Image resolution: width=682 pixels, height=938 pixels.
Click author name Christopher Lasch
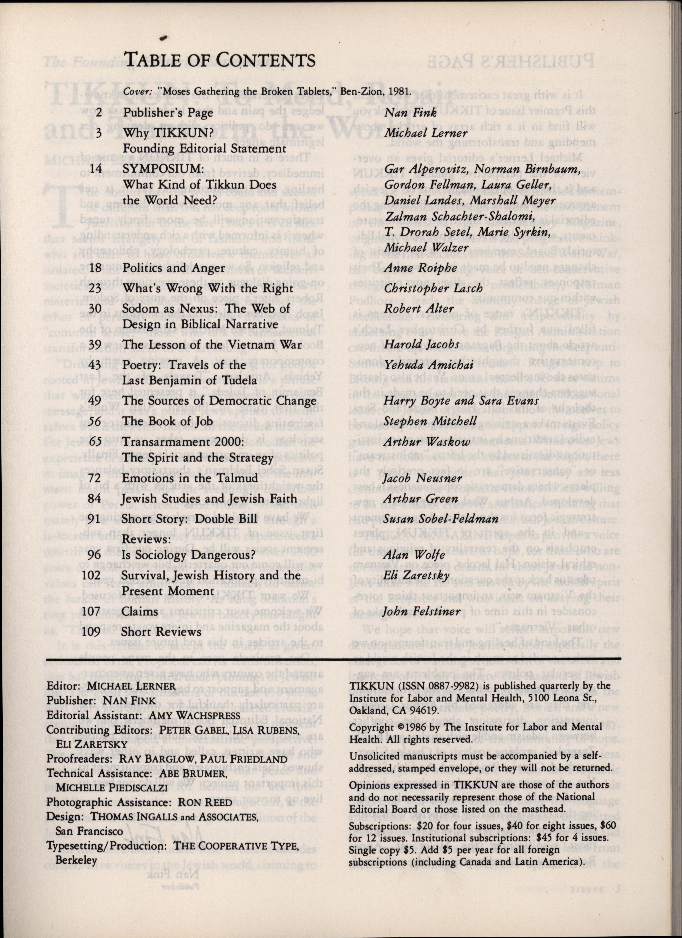433,288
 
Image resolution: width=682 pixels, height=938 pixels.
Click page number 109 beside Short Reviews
92,632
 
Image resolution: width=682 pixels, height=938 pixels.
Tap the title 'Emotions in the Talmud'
190,478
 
